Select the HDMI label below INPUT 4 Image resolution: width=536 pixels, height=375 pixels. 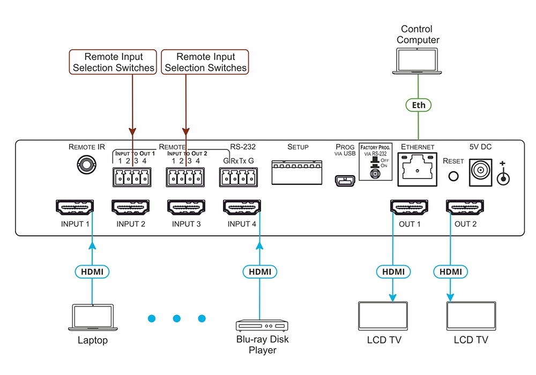pyautogui.click(x=260, y=272)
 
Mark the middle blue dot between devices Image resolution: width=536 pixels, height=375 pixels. pyautogui.click(x=176, y=319)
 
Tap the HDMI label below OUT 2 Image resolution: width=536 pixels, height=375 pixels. pyautogui.click(x=450, y=272)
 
